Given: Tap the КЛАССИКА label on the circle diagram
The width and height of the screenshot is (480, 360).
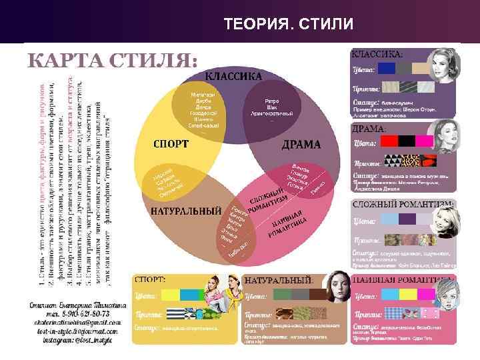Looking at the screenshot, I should pyautogui.click(x=233, y=77).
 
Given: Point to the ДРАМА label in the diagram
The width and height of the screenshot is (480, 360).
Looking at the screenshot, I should pyautogui.click(x=300, y=144).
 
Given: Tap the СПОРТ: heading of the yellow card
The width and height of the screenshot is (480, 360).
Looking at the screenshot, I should pyautogui.click(x=151, y=279).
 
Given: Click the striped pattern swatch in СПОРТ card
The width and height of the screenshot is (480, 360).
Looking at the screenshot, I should pyautogui.click(x=173, y=313).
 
